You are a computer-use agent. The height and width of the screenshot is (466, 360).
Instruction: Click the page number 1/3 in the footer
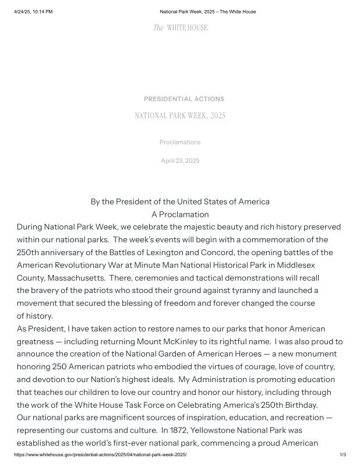(x=343, y=455)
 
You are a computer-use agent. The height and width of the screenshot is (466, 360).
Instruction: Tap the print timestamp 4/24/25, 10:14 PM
(x=33, y=12)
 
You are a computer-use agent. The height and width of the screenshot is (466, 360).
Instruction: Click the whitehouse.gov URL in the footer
(x=101, y=455)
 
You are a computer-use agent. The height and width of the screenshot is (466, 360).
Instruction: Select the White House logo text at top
(x=180, y=28)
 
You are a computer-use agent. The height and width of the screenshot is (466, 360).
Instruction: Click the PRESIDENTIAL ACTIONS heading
(x=184, y=99)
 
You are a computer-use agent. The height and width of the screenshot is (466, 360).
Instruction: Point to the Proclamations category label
(x=180, y=142)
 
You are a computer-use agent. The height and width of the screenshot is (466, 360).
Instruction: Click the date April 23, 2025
(x=180, y=161)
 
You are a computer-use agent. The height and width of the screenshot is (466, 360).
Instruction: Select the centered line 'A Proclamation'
(x=180, y=214)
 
